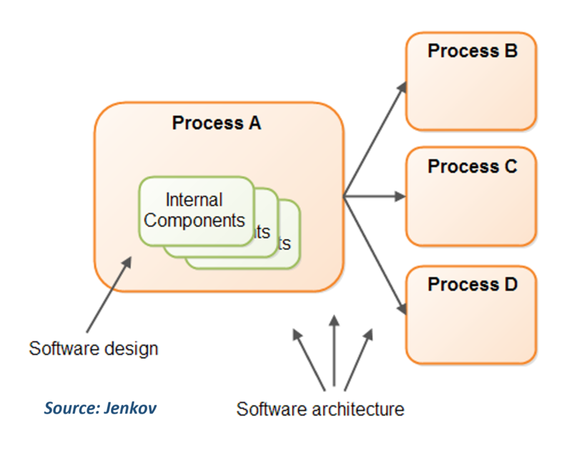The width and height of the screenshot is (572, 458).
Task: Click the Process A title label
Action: pyautogui.click(x=217, y=123)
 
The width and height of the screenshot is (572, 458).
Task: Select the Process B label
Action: pyautogui.click(x=472, y=51)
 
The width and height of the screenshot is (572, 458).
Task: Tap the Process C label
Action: pyautogui.click(x=472, y=166)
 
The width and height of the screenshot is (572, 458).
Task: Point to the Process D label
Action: pyautogui.click(x=472, y=284)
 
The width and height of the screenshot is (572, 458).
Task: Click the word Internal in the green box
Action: pyautogui.click(x=194, y=200)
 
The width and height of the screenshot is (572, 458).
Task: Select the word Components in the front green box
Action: pyautogui.click(x=194, y=220)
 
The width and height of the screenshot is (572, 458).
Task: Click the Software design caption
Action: pyautogui.click(x=93, y=349)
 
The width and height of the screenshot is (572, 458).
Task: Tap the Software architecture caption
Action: pyautogui.click(x=320, y=409)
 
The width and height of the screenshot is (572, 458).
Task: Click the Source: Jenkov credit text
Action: pyautogui.click(x=99, y=408)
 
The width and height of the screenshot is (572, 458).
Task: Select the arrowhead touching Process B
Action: pyautogui.click(x=402, y=86)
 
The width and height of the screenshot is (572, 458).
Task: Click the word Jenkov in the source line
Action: pyautogui.click(x=132, y=408)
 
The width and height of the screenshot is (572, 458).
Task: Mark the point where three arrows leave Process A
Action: pyautogui.click(x=344, y=196)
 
